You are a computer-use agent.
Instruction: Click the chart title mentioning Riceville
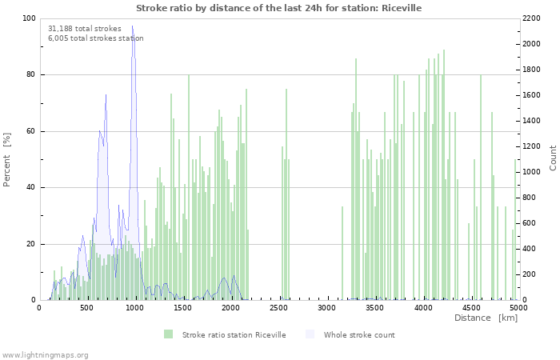[x=278, y=8]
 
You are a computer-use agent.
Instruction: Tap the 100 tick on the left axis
[x=29, y=18]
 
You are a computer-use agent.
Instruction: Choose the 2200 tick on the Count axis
[x=534, y=18]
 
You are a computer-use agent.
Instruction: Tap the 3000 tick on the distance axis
[x=326, y=307]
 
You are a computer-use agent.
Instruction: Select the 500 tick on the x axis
[x=86, y=307]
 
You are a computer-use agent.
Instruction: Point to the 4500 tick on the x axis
[x=470, y=307]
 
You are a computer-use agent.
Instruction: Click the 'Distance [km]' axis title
[x=486, y=318]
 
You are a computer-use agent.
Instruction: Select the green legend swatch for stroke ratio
[x=168, y=334]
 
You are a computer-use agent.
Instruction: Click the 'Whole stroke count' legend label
[x=359, y=334]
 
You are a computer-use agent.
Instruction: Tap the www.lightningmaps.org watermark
[x=45, y=354]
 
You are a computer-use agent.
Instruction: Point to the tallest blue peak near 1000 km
[x=133, y=27]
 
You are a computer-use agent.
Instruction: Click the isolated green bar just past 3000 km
[x=342, y=253]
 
